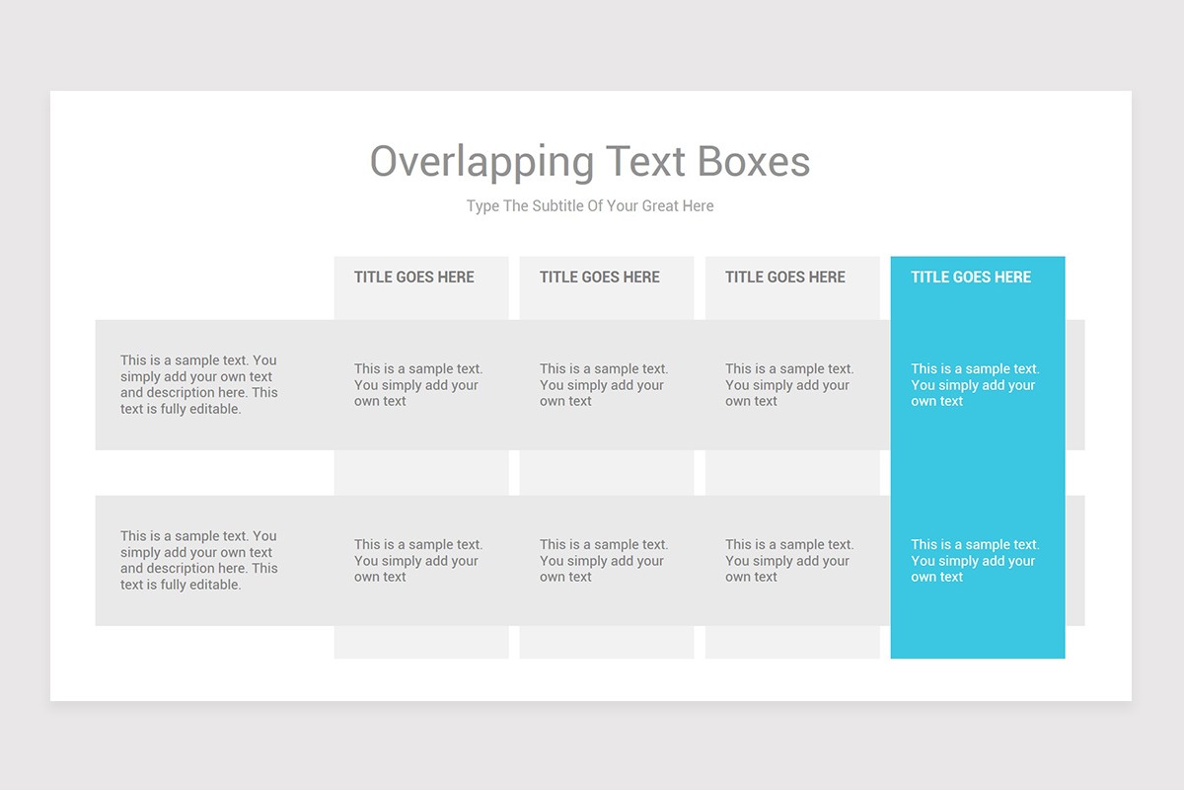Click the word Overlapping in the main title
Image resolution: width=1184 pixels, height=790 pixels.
481,162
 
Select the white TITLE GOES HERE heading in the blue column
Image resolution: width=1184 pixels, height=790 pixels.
971,277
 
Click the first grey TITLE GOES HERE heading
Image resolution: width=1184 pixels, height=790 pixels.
414,277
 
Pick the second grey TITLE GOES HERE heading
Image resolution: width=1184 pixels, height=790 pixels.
600,277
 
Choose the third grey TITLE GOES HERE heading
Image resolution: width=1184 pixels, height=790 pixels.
785,277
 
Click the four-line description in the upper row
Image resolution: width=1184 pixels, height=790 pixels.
198,384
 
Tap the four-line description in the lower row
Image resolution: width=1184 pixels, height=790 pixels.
198,560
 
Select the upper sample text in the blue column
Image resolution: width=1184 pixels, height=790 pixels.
974,385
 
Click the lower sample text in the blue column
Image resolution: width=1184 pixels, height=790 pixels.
974,561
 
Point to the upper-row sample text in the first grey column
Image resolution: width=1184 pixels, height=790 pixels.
417,385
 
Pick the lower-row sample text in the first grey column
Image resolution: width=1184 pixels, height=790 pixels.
417,561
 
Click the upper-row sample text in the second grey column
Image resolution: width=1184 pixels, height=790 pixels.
603,385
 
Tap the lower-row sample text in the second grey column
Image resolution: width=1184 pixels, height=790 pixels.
603,561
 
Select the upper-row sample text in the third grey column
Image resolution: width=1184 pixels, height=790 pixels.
788,385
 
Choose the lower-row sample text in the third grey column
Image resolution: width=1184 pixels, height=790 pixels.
788,561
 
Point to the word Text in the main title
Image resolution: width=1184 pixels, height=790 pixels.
645,162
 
